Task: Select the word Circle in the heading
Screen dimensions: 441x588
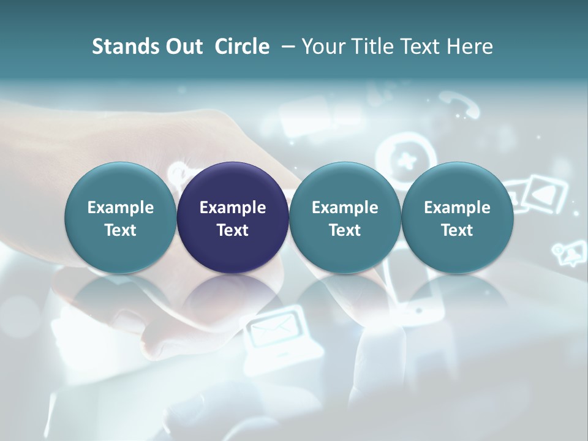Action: pos(242,47)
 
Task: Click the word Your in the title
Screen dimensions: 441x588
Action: pos(321,47)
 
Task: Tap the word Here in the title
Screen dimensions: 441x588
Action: pos(470,47)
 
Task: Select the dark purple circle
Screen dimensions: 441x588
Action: pos(233,217)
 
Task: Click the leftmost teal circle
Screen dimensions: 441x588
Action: pos(121,217)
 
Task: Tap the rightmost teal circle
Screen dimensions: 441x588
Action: pos(457,217)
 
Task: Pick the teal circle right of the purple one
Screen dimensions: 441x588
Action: pos(345,217)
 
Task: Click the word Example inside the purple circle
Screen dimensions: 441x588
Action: pos(233,208)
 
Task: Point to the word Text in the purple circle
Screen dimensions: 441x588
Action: pos(233,230)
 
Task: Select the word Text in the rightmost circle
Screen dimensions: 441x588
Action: pos(457,230)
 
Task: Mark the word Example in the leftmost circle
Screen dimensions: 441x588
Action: pos(121,208)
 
